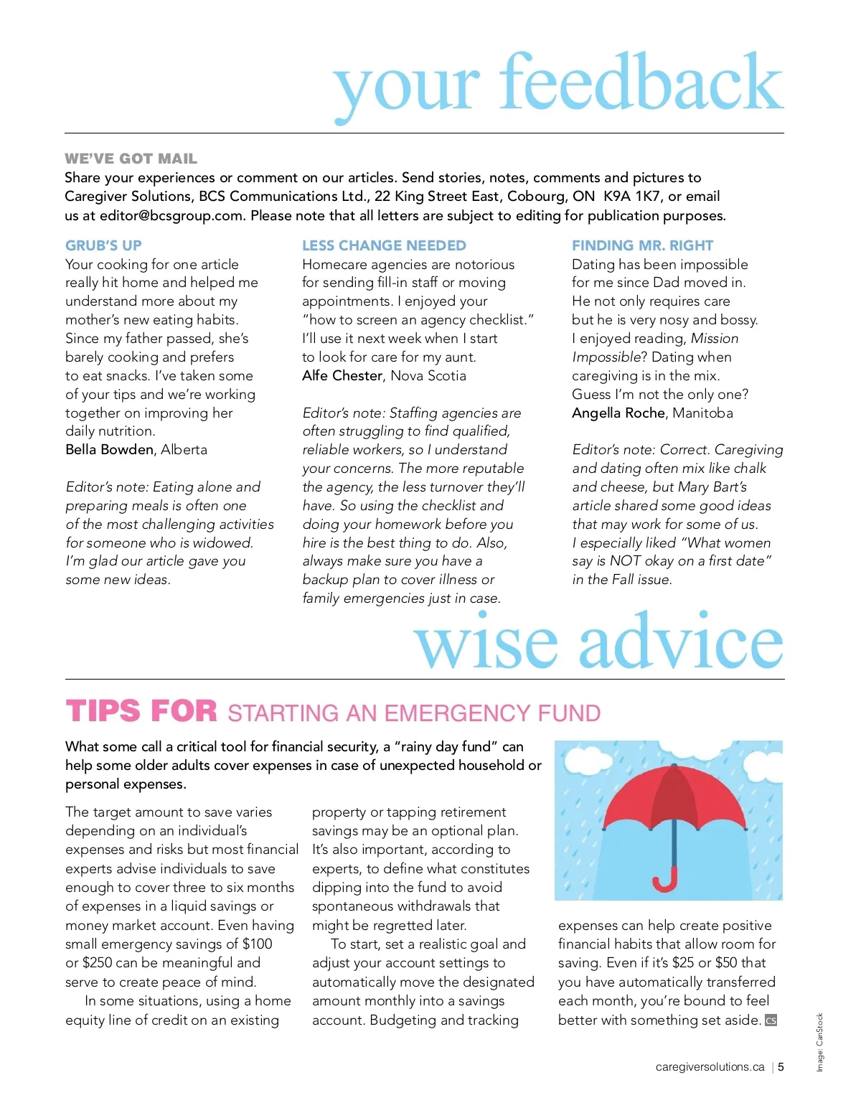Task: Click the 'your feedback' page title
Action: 558,85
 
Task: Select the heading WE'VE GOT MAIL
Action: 131,159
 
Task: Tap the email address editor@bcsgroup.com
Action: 171,215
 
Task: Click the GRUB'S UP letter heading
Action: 103,245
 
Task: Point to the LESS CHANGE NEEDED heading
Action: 384,245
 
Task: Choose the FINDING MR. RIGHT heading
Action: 642,245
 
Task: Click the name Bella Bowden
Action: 109,450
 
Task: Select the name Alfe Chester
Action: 342,375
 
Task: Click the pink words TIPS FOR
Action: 141,712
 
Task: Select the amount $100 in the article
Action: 257,944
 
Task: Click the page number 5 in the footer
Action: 781,1067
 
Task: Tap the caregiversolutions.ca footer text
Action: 710,1067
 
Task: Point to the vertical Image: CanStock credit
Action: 819,1042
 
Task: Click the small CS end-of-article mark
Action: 771,1020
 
